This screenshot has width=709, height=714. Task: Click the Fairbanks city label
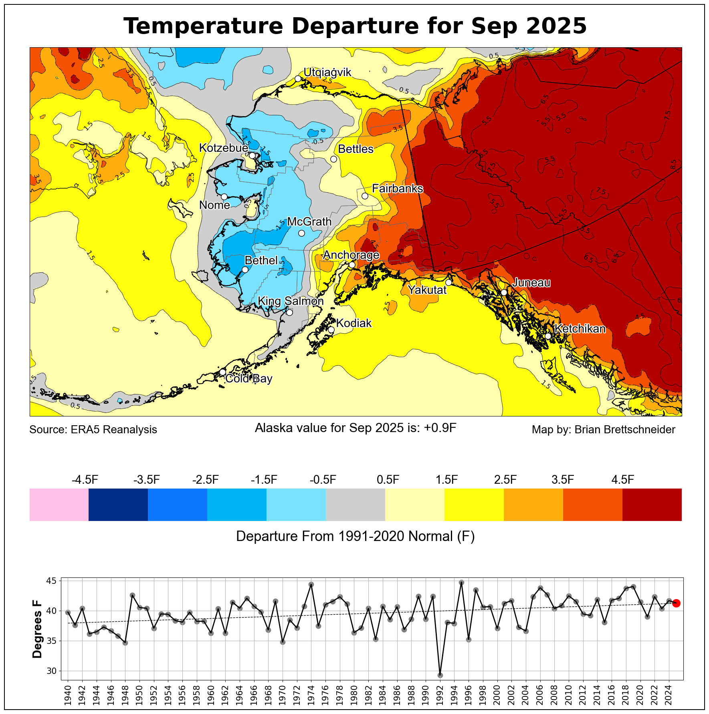click(397, 188)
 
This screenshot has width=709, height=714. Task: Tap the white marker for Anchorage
click(352, 265)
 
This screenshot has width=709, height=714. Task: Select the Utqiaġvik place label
click(327, 72)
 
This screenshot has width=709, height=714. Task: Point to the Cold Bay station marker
click(222, 372)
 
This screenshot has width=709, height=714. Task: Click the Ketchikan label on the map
click(580, 329)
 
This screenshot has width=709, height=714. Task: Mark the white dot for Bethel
click(245, 270)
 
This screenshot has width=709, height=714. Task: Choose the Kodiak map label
click(354, 323)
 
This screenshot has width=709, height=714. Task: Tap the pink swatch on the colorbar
click(59, 505)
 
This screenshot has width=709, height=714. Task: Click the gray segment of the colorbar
click(356, 505)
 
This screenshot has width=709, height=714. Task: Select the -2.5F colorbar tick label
click(206, 479)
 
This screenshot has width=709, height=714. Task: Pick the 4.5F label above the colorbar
click(622, 479)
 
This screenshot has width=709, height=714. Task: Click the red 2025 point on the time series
click(676, 603)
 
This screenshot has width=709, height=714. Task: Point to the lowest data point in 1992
click(440, 675)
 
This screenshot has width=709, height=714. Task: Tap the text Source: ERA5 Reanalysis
click(93, 430)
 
